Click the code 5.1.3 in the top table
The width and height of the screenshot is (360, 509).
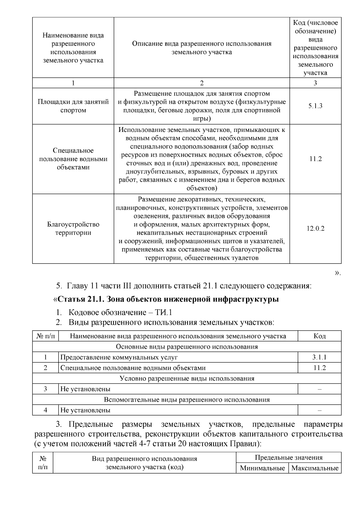coord(315,106)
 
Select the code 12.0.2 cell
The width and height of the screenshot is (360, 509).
coord(315,229)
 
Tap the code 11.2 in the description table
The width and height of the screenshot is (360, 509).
coord(315,159)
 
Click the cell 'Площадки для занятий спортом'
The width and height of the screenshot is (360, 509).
coord(73,106)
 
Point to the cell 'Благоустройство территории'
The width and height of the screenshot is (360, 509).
coord(73,229)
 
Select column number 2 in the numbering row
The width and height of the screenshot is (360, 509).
coord(202,83)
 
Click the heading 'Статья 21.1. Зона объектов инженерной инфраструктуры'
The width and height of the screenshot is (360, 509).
coord(168,299)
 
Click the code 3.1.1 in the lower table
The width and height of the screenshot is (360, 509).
coord(319,357)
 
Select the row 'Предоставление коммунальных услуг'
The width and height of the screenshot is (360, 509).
coord(119,357)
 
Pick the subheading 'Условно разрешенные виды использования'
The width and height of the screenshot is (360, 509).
coord(187,378)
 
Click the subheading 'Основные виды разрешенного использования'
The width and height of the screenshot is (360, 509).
coord(187,347)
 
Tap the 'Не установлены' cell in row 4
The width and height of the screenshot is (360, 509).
coord(85,410)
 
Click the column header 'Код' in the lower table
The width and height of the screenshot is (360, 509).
coord(319,336)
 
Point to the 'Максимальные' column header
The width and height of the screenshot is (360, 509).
coord(315,468)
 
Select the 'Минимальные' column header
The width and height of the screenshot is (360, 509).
coord(262,468)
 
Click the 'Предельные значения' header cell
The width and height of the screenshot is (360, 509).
coord(289,458)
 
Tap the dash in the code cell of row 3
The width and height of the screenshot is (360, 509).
coord(319,389)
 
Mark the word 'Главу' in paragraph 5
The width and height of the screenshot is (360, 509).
coord(77,286)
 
